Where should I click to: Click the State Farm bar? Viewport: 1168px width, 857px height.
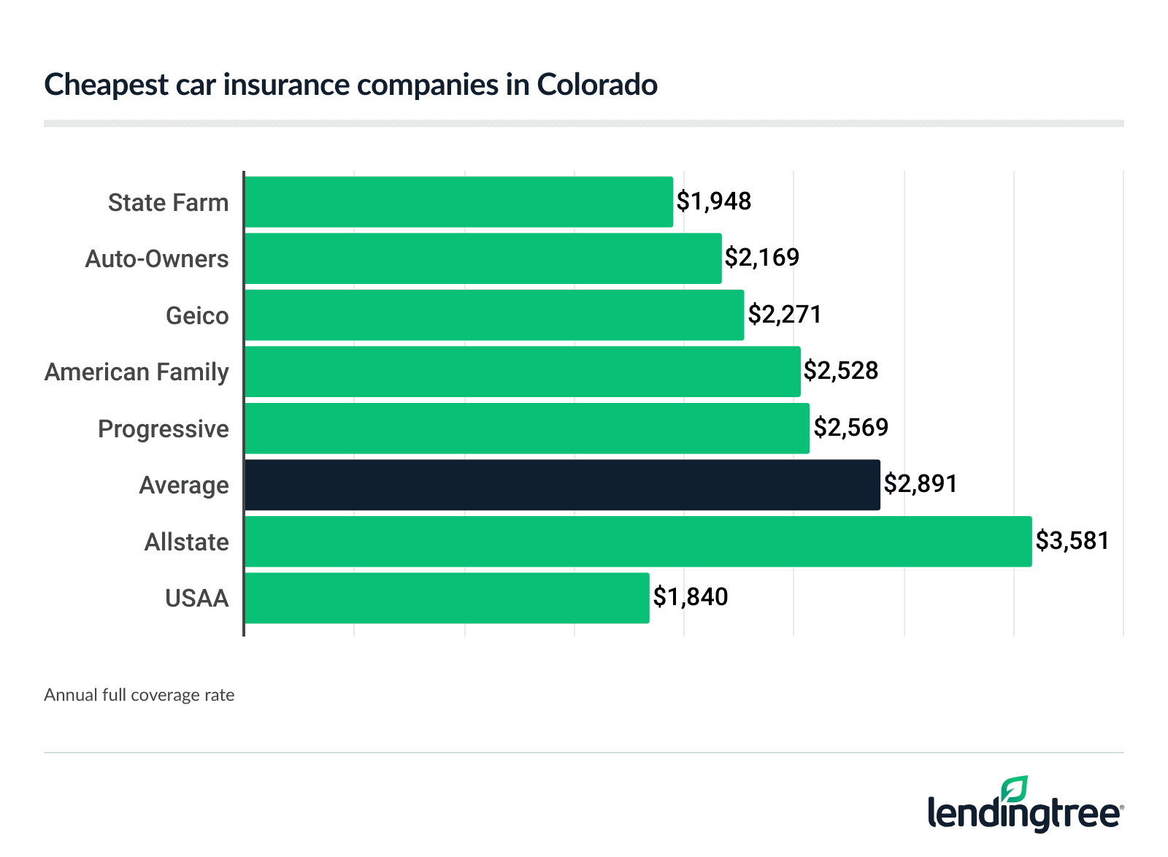pyautogui.click(x=458, y=201)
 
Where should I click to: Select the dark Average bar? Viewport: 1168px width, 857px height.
pyautogui.click(x=562, y=485)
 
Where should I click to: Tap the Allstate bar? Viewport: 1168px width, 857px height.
pyautogui.click(x=638, y=542)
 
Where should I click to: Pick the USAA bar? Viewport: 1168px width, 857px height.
pyautogui.click(x=447, y=598)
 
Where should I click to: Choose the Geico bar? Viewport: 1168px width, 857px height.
pyautogui.click(x=494, y=315)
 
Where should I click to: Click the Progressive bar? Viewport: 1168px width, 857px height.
pyautogui.click(x=527, y=428)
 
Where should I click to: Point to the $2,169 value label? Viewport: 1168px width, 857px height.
pyautogui.click(x=762, y=258)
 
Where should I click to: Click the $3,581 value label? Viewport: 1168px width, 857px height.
pyautogui.click(x=1072, y=541)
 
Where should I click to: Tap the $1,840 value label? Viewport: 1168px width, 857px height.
pyautogui.click(x=691, y=597)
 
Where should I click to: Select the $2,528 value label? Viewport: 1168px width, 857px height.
pyautogui.click(x=841, y=371)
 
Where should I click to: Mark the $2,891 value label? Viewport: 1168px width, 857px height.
pyautogui.click(x=921, y=484)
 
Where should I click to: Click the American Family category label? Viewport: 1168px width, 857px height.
pyautogui.click(x=137, y=372)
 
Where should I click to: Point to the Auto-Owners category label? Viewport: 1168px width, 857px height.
pyautogui.click(x=156, y=259)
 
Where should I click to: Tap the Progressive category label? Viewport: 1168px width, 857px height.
pyautogui.click(x=163, y=429)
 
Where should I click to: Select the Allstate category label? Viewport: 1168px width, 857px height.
pyautogui.click(x=186, y=542)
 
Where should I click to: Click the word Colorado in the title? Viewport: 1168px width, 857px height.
pyautogui.click(x=597, y=85)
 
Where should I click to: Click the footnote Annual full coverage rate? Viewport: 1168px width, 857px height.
pyautogui.click(x=139, y=695)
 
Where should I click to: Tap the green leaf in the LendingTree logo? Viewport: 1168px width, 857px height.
pyautogui.click(x=1015, y=790)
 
